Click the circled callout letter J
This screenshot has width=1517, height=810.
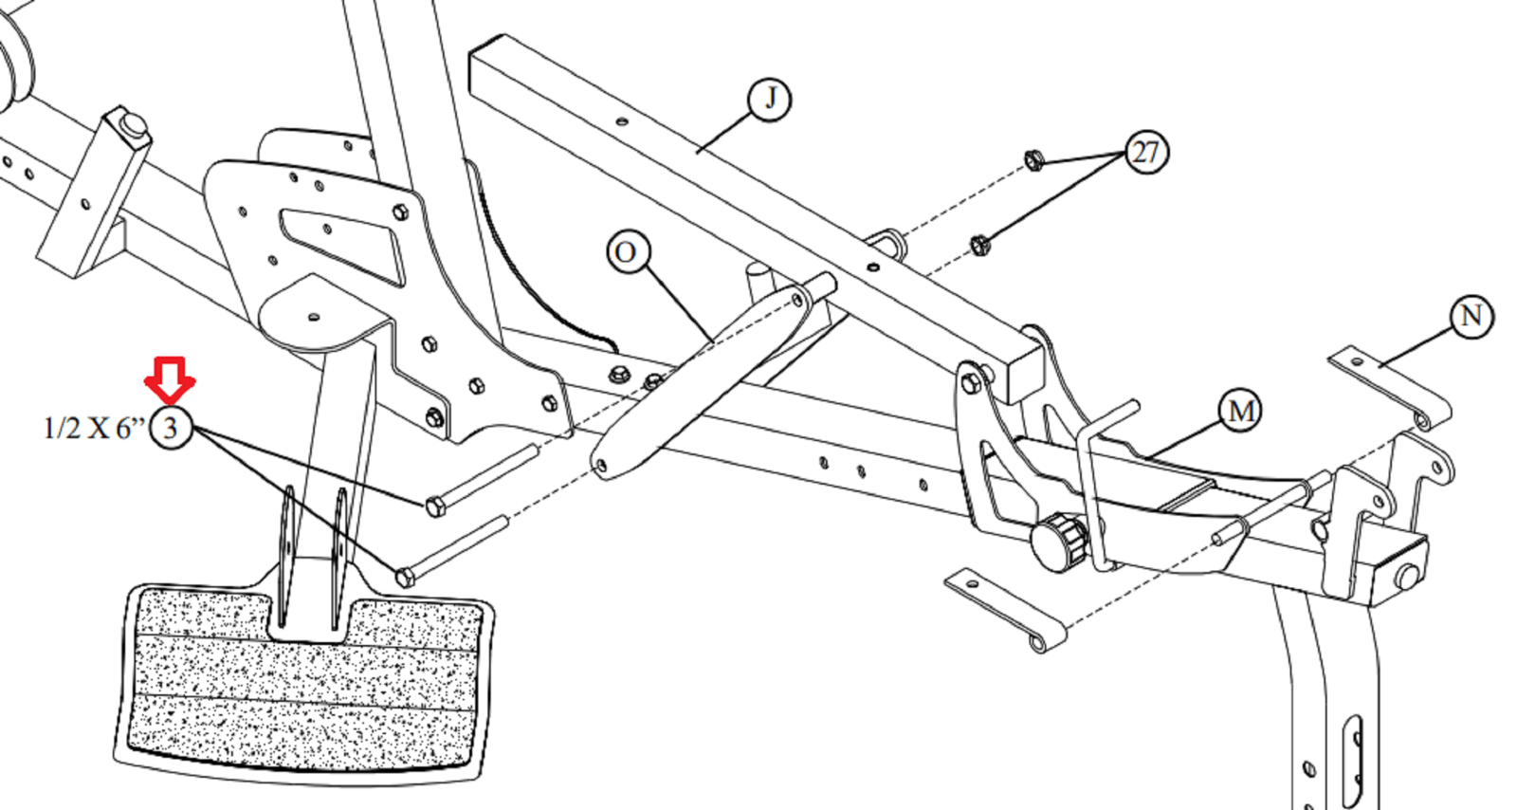pos(770,99)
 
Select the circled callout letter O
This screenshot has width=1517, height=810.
pos(627,253)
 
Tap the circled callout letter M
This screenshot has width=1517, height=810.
pos(1240,412)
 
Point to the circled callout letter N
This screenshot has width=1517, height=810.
pos(1471,317)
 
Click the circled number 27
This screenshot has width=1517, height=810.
pos(1145,152)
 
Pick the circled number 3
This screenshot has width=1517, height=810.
pos(171,428)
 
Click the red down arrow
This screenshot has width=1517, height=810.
pos(170,379)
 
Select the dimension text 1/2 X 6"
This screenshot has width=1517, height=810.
pos(93,429)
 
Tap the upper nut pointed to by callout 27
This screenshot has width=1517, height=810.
pos(1034,159)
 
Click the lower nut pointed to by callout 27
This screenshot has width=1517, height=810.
pos(980,246)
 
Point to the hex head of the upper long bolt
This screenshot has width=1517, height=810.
pos(435,506)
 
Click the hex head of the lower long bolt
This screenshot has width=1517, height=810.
pos(405,577)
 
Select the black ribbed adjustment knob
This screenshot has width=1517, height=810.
pos(1057,543)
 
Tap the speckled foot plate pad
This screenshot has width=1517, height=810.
pos(303,683)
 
